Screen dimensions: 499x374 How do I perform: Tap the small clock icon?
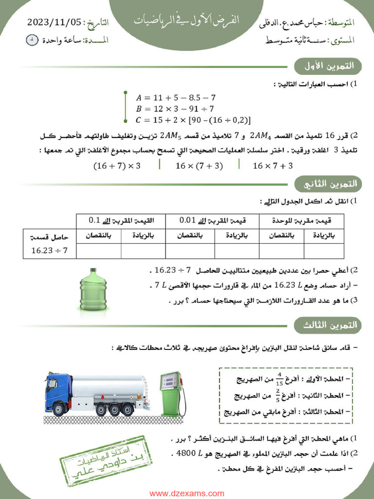click(x=32, y=40)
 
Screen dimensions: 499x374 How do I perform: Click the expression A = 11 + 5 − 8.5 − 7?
click(x=175, y=97)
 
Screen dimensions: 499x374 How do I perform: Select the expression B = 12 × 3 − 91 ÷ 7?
click(x=175, y=109)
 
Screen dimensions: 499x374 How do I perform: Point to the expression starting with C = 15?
click(x=193, y=120)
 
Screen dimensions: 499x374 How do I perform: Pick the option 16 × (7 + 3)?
click(x=199, y=166)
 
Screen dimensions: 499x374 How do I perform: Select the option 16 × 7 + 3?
click(x=273, y=166)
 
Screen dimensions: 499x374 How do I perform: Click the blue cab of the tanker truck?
click(x=57, y=392)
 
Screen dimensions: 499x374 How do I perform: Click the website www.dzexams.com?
click(x=187, y=493)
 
